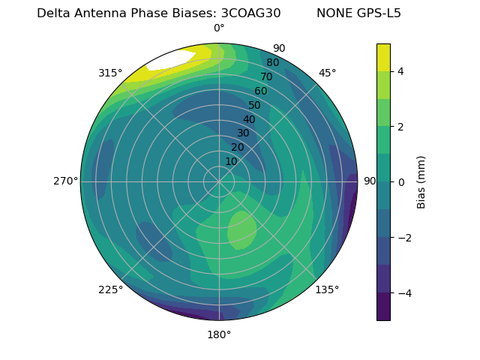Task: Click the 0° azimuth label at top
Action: click(x=219, y=28)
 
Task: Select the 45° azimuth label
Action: click(x=327, y=73)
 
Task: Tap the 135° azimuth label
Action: click(x=327, y=289)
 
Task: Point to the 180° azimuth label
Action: click(x=219, y=334)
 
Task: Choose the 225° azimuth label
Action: click(x=110, y=289)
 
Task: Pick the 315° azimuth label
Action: click(x=110, y=73)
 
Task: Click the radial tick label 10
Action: click(x=231, y=161)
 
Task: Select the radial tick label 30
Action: click(x=243, y=133)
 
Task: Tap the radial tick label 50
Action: click(x=255, y=106)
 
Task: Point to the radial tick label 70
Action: click(x=267, y=77)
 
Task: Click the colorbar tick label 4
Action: click(x=401, y=71)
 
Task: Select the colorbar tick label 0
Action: click(x=401, y=182)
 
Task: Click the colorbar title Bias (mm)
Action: click(x=421, y=182)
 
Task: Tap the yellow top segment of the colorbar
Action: click(x=383, y=57)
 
